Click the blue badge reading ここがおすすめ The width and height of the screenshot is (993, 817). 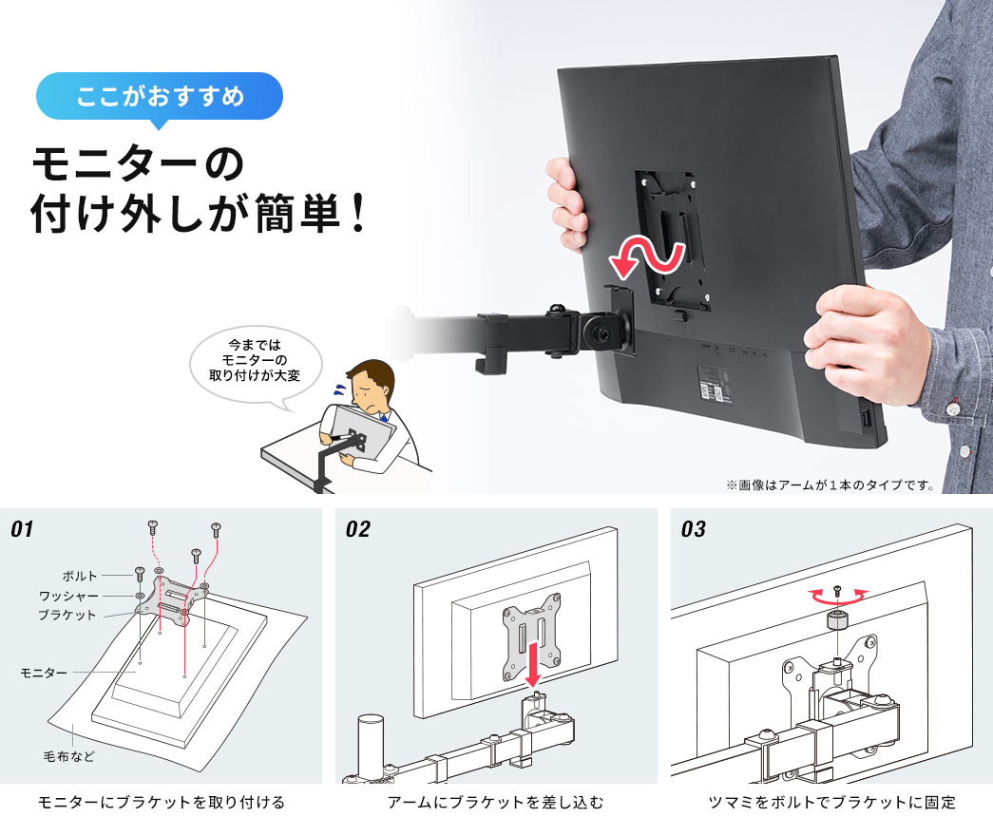tap(160, 96)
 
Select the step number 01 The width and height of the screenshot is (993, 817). tap(23, 529)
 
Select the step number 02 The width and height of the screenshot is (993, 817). tap(358, 529)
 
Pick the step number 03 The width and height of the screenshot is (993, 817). tap(694, 529)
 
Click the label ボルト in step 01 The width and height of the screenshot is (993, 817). tap(80, 576)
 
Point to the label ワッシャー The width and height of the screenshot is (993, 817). tap(67, 596)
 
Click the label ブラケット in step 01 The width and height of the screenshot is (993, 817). tap(67, 616)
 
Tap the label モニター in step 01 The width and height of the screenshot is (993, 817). tap(44, 673)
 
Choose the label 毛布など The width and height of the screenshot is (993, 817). tap(68, 757)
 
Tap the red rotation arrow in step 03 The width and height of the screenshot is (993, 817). tap(837, 595)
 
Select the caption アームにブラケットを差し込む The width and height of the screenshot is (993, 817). tap(495, 802)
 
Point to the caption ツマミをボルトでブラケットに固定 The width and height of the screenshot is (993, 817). tap(831, 802)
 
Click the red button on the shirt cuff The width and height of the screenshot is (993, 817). tap(952, 411)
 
